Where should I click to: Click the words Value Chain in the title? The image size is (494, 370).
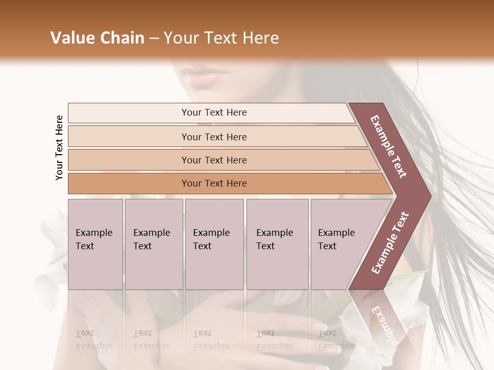tap(97, 38)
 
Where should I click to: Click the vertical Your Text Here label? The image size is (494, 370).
tap(59, 147)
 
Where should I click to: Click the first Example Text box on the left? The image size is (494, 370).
tap(95, 244)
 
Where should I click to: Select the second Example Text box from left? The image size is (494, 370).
tap(153, 244)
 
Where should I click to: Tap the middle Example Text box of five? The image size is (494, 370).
tap(214, 244)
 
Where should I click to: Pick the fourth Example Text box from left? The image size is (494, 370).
tap(277, 244)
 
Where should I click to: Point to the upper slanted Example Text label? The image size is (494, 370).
tap(389, 146)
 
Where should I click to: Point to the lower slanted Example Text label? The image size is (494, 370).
tap(390, 243)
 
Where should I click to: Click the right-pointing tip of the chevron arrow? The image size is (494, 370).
tap(429, 195)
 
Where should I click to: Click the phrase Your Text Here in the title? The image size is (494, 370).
tap(221, 38)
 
